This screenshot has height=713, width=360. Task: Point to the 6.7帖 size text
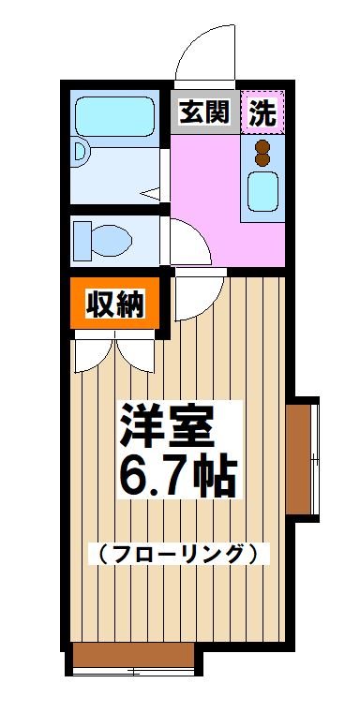[x=175, y=478]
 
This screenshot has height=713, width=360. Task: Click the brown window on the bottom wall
[x=132, y=656]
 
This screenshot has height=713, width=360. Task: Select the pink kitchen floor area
[x=206, y=187]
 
